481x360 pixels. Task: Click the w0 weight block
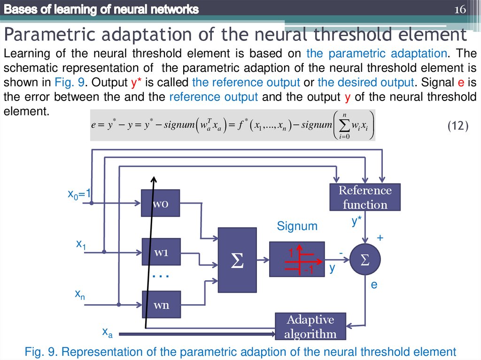pos(160,203)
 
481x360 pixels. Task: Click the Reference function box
pos(365,197)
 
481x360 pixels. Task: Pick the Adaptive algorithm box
pos(310,327)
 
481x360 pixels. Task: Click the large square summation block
pos(237,261)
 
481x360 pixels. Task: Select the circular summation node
pos(365,260)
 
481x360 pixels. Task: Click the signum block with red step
pos(297,259)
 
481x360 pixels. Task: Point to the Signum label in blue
pos(297,226)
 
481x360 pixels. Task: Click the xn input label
pos(80,294)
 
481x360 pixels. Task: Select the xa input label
pos(108,332)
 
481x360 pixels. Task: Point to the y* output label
pos(357,222)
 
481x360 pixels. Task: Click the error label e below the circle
pos(374,284)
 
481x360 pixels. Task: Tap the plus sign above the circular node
pos(380,238)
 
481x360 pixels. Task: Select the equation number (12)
pos(457,125)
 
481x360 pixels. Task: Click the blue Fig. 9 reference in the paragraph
pos(69,83)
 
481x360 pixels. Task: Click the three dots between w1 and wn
pos(161,277)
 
